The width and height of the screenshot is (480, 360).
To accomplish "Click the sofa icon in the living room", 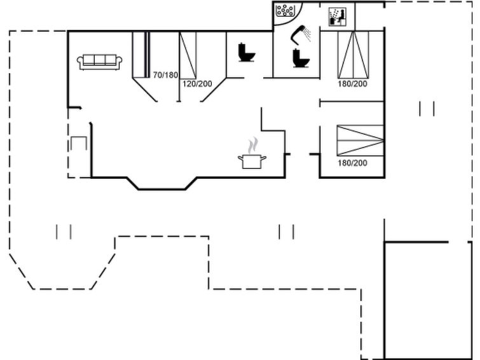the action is point(99,62).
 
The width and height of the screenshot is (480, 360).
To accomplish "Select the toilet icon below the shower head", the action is point(301,58).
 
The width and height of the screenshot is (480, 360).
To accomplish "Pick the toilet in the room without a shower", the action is point(247,52).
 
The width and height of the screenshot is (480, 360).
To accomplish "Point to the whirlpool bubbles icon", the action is point(285,11).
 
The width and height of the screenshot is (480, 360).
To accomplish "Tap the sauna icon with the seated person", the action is point(337,17).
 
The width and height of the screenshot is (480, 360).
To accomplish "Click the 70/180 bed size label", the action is point(165,75).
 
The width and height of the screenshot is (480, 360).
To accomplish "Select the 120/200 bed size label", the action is point(197,84).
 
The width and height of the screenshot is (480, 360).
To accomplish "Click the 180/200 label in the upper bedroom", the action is point(352,84).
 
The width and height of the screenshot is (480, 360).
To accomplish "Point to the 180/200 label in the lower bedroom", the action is point(352,163).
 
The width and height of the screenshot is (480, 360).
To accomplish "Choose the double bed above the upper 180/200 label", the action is point(353,55).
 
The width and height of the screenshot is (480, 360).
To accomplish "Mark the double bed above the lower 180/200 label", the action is point(360,141).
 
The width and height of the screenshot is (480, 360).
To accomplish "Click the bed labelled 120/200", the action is point(188,55).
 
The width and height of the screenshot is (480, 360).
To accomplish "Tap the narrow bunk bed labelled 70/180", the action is point(141,55).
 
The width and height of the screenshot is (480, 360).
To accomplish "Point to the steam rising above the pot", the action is point(253,145).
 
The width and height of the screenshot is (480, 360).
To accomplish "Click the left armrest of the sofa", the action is point(80,62).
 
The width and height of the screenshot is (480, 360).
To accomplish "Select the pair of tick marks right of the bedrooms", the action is point(427,109).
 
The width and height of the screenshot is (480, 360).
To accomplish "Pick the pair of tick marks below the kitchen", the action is point(286,232).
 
